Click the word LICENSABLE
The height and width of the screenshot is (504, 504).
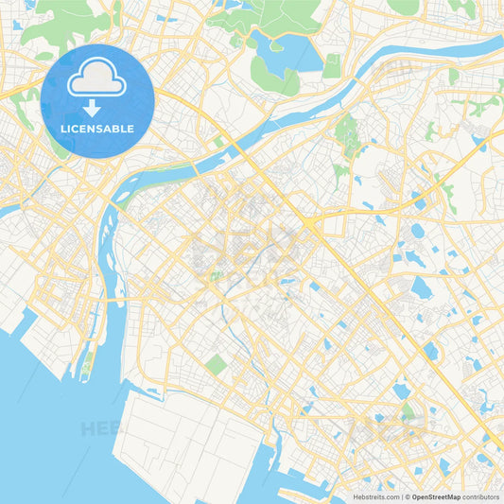tap(97, 129)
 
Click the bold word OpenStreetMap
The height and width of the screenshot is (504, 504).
tap(436, 495)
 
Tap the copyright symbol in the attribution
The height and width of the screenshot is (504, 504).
tap(407, 495)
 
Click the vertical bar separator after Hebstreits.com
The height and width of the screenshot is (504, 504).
tap(401, 495)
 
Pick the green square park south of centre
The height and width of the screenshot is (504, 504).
tap(217, 364)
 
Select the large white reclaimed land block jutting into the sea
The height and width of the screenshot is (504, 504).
tap(189, 444)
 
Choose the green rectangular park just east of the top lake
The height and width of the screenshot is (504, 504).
tap(331, 65)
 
